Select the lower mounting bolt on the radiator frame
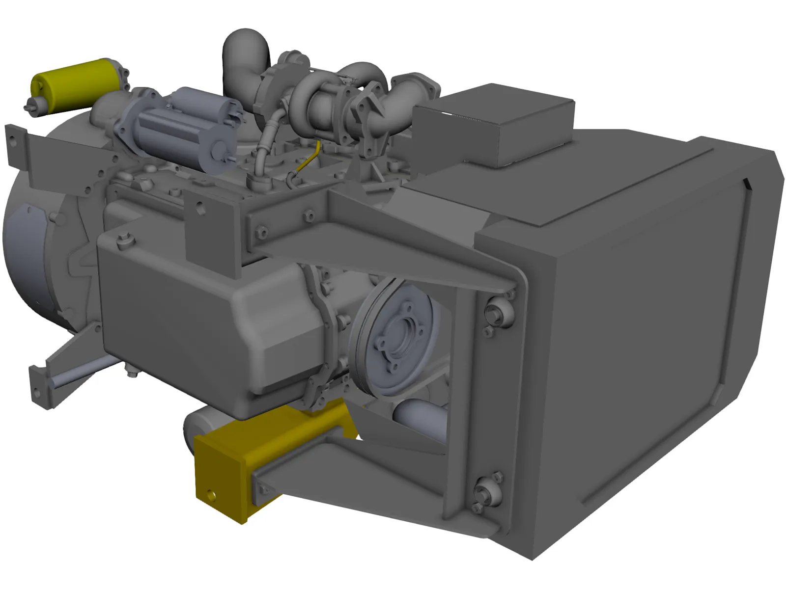tap(484, 491)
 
